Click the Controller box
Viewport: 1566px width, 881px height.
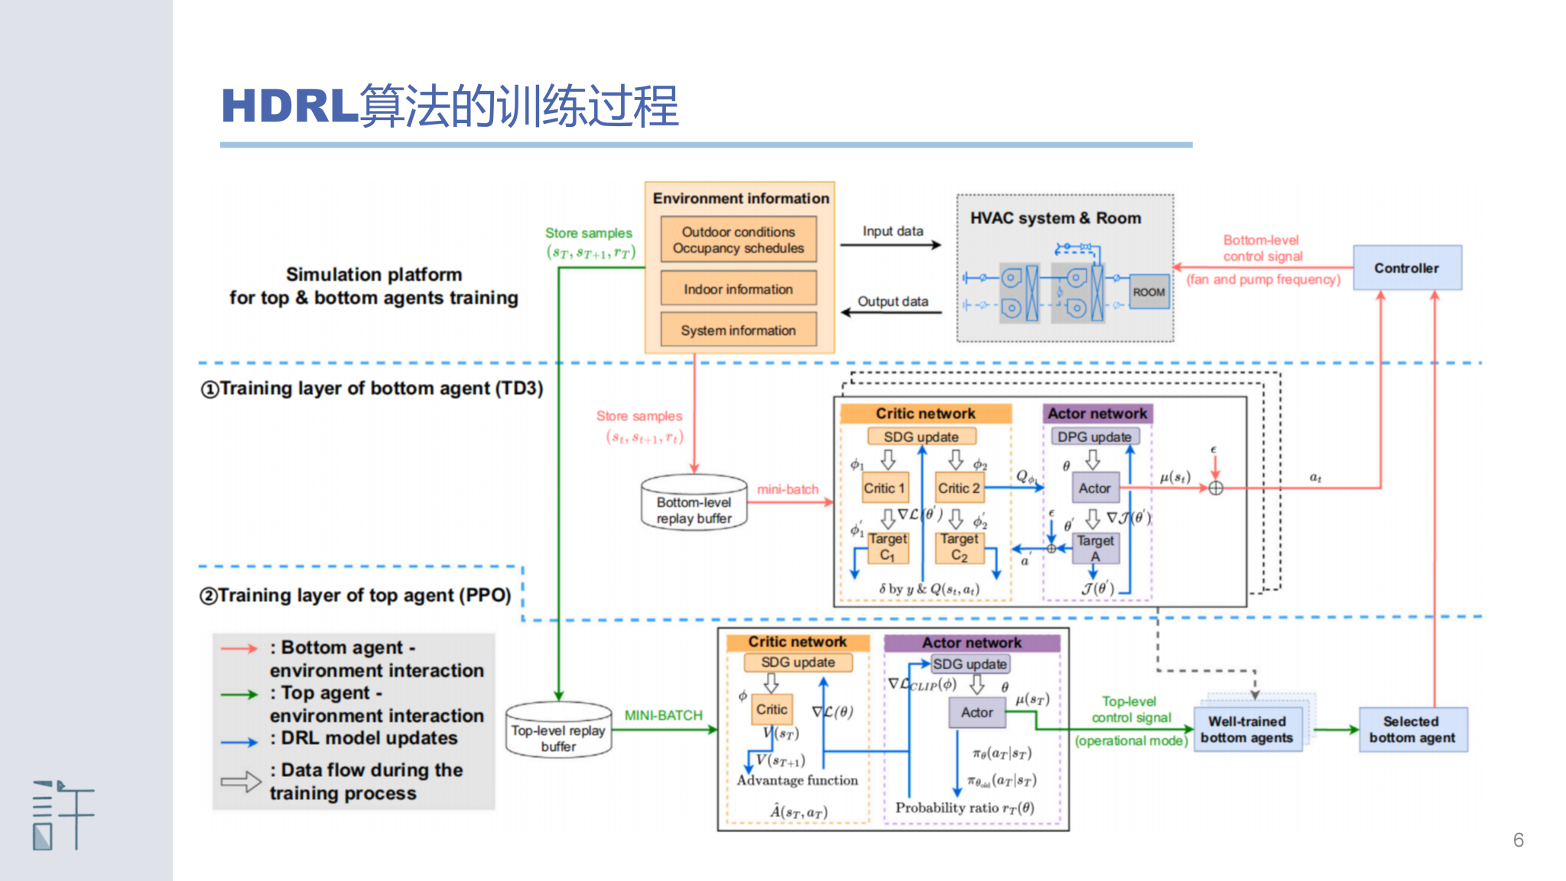coord(1406,268)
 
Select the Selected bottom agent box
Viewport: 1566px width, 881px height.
coord(1412,730)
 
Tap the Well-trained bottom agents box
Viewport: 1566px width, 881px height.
coord(1247,730)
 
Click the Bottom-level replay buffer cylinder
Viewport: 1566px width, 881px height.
coord(694,502)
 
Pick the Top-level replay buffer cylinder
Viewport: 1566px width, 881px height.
coord(558,731)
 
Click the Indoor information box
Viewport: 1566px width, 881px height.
coord(738,289)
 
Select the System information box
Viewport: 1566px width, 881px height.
coord(738,330)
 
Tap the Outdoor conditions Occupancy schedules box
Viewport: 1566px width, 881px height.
coord(738,240)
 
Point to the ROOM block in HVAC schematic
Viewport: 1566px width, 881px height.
coord(1149,292)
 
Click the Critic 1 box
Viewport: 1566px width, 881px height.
coord(884,488)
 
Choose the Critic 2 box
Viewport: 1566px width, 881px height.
coord(959,488)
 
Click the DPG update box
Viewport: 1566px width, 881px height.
coord(1093,437)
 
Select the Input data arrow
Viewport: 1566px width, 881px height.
coord(891,245)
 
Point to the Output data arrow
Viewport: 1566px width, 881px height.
coord(891,312)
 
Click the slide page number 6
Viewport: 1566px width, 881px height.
coord(1518,840)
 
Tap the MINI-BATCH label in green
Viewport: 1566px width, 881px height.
coord(663,715)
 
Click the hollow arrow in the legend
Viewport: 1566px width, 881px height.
coord(241,782)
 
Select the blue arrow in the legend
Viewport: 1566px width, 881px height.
coord(239,742)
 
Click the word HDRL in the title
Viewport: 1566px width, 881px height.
coord(289,106)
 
